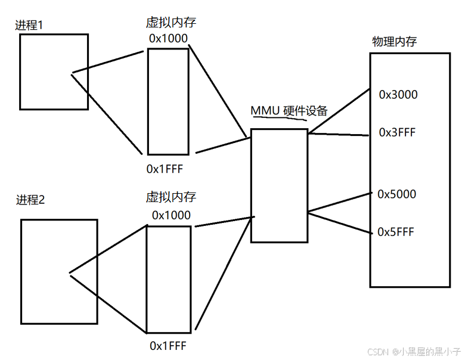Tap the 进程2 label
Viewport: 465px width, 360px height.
coord(30,199)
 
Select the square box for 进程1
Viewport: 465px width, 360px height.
coord(54,72)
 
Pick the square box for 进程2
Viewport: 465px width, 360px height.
coord(58,271)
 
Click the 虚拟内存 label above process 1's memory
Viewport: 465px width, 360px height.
coord(171,23)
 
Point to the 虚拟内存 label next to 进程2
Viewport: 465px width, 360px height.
coord(171,197)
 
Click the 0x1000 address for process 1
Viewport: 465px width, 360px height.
coord(169,38)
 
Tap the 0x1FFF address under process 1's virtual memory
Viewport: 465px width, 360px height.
coord(165,169)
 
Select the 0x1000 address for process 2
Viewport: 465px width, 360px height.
coord(171,215)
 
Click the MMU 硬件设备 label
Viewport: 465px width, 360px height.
coord(289,111)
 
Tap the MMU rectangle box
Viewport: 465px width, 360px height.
coord(279,185)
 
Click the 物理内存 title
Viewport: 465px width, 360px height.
coord(394,42)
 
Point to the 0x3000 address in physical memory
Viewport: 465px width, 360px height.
coord(398,94)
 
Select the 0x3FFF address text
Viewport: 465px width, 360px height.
coord(397,132)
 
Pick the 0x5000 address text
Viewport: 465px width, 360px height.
coord(396,194)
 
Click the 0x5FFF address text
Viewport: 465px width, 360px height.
coord(396,232)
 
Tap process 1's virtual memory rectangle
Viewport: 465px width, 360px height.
coord(168,101)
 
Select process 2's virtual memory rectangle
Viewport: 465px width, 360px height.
coord(169,278)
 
